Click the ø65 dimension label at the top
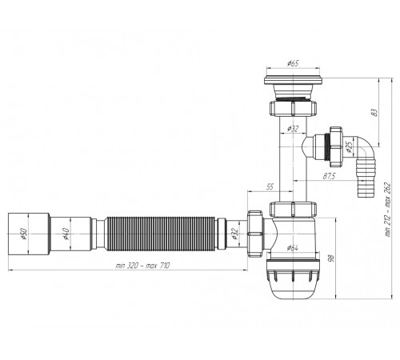tap(293, 64)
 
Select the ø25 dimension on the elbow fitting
tap(349, 146)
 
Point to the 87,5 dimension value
tap(330, 176)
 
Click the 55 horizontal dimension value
tap(270, 186)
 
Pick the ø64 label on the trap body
tap(292, 248)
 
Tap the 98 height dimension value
tap(331, 258)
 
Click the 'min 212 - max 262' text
tap(387, 210)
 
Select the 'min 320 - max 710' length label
tap(142, 266)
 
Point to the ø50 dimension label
tap(23, 234)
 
